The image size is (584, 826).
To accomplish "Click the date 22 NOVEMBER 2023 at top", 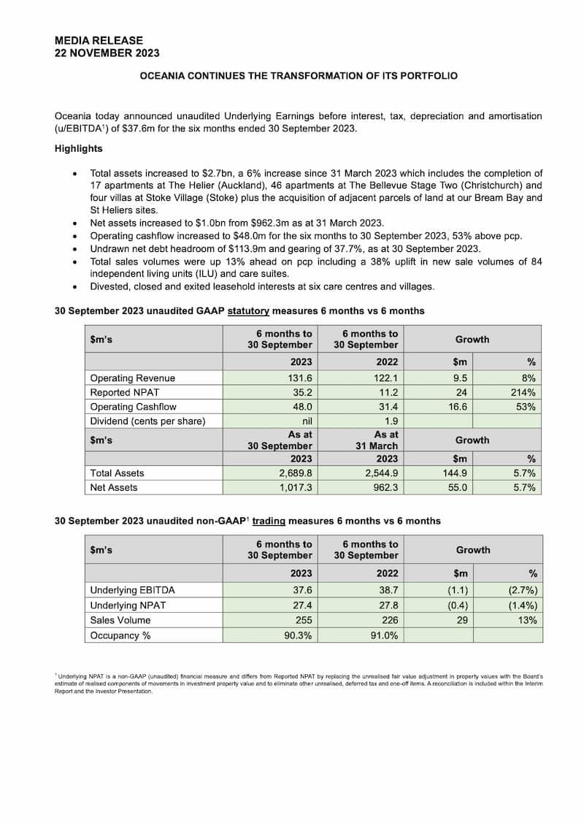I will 107,53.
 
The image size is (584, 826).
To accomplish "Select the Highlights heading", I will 78,149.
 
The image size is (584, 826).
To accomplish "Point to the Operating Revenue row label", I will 132,378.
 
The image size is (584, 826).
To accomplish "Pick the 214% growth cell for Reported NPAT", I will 523,392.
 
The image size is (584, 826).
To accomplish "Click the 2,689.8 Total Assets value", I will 295,473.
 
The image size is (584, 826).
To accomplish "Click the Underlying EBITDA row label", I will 132,590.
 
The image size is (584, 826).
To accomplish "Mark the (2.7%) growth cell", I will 521,590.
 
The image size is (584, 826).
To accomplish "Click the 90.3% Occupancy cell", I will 298,635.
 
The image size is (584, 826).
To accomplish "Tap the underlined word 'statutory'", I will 248,311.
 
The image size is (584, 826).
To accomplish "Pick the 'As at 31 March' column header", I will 366,440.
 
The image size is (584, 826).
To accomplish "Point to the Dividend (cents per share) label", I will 147,421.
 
